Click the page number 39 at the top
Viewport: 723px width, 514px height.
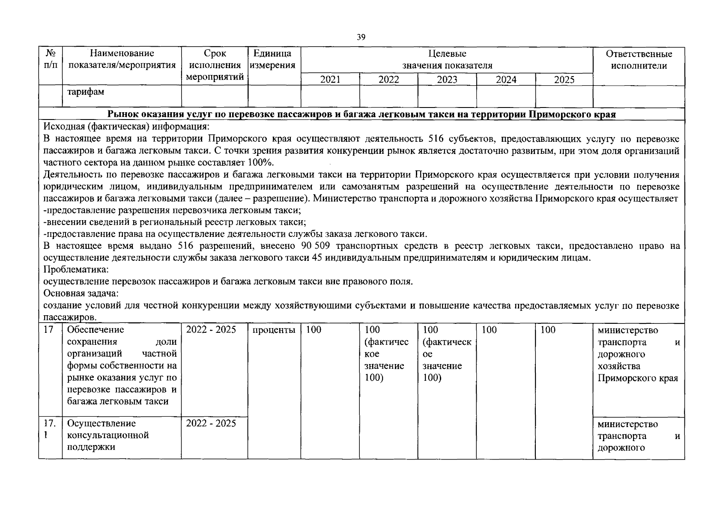[x=361, y=37]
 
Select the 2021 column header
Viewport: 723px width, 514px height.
[x=330, y=80]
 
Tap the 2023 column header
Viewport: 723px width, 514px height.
[x=447, y=80]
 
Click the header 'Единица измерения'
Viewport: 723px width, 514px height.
[x=274, y=60]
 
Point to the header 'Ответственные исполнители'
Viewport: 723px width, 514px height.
[x=639, y=60]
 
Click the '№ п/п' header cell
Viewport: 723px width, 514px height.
[x=51, y=60]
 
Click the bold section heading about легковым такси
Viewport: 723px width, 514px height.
[x=361, y=114]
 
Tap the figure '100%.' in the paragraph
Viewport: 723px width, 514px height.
[x=260, y=163]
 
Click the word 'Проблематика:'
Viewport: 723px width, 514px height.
[x=76, y=270]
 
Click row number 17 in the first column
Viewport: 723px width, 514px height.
[x=49, y=330]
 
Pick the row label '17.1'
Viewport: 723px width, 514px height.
[x=50, y=429]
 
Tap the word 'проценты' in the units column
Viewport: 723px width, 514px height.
[x=274, y=330]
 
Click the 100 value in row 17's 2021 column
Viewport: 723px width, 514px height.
[x=314, y=330]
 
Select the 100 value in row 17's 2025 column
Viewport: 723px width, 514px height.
[x=548, y=330]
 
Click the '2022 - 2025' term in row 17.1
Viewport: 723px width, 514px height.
[x=211, y=423]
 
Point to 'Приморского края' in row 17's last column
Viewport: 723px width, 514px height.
[x=638, y=378]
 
